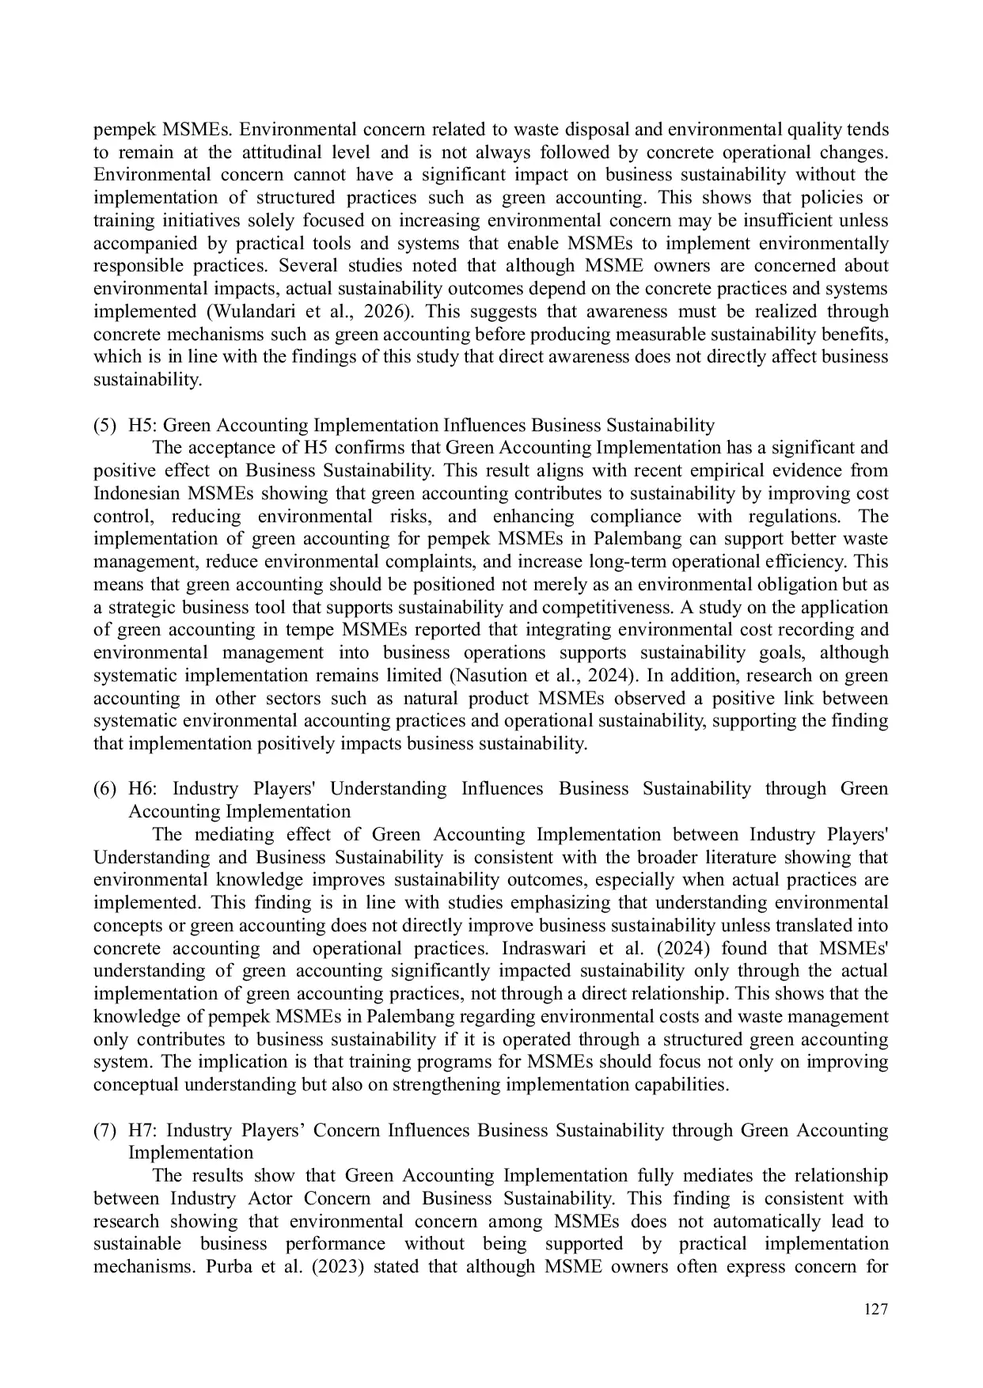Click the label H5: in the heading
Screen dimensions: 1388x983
(142, 426)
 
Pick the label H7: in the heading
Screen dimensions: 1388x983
(142, 1131)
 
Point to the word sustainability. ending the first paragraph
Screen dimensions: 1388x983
(147, 380)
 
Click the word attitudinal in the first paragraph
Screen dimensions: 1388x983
(284, 152)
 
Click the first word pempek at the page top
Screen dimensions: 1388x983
(120, 130)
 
